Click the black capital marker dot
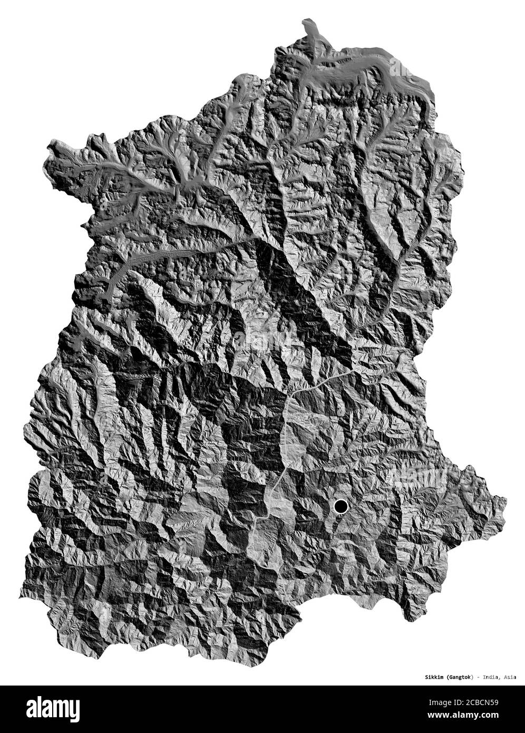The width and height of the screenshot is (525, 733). (341, 507)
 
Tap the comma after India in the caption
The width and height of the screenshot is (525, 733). (499, 678)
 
